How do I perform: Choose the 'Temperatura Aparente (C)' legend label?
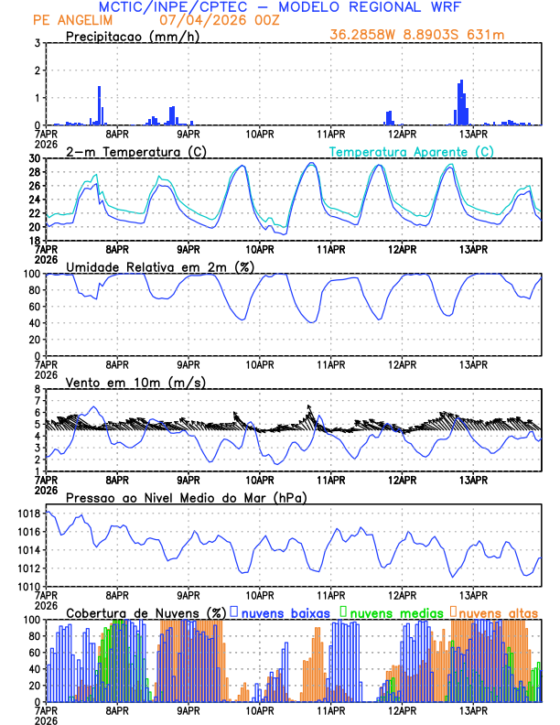412,151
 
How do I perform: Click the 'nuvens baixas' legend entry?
285,611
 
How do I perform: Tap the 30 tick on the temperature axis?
34,158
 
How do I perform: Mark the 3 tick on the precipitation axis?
37,43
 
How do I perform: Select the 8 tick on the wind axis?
37,389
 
